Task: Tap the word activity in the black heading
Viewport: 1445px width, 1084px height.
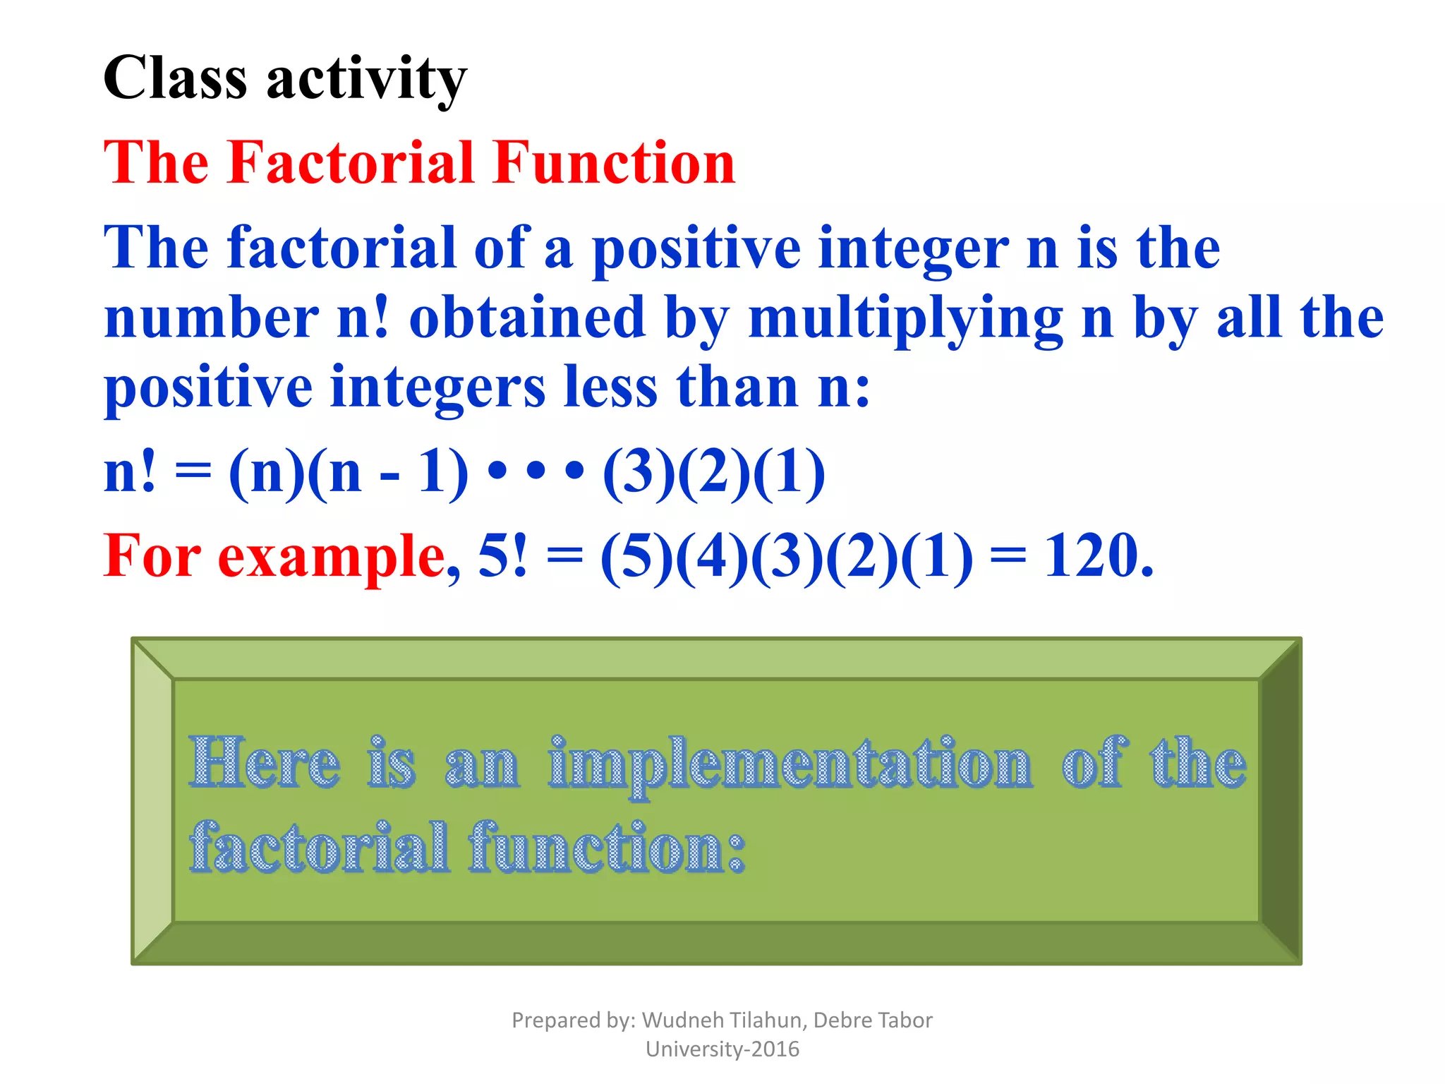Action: click(366, 79)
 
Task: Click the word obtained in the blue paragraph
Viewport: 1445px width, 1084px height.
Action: click(527, 318)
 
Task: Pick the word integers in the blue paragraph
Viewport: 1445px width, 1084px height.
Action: click(437, 388)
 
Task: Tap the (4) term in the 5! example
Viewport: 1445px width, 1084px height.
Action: click(712, 556)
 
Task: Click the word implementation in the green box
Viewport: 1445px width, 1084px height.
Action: click(790, 764)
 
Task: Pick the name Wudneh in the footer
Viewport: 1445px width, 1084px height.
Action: click(683, 1020)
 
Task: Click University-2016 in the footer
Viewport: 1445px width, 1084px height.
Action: click(722, 1049)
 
